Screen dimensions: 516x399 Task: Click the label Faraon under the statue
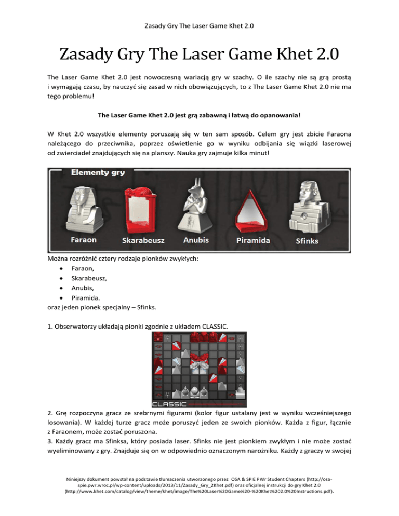click(84, 240)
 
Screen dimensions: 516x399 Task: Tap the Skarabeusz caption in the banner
click(142, 241)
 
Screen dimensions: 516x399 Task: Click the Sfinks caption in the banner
click(307, 241)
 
